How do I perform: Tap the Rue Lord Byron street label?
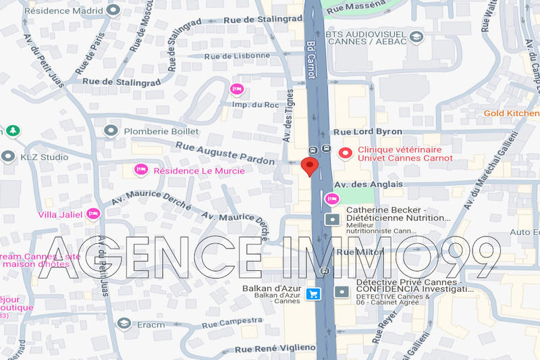pyautogui.click(x=368, y=132)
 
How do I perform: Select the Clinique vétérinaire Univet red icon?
pyautogui.click(x=346, y=153)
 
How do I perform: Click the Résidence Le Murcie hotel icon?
pyautogui.click(x=141, y=170)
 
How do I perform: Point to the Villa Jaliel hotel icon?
pyautogui.click(x=94, y=214)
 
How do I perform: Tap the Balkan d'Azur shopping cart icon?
pyautogui.click(x=313, y=293)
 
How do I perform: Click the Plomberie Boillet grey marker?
pyautogui.click(x=111, y=130)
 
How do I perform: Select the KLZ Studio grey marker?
pyautogui.click(x=8, y=157)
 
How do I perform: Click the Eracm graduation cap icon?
pyautogui.click(x=124, y=324)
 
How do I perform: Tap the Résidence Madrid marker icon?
pyautogui.click(x=113, y=10)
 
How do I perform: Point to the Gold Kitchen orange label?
pyautogui.click(x=512, y=113)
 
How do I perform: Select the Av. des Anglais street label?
pyautogui.click(x=368, y=184)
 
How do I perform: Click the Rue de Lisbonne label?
pyautogui.click(x=237, y=56)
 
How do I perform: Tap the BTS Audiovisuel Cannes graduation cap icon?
pyautogui.click(x=416, y=36)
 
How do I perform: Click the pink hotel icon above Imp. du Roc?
pyautogui.click(x=236, y=89)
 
